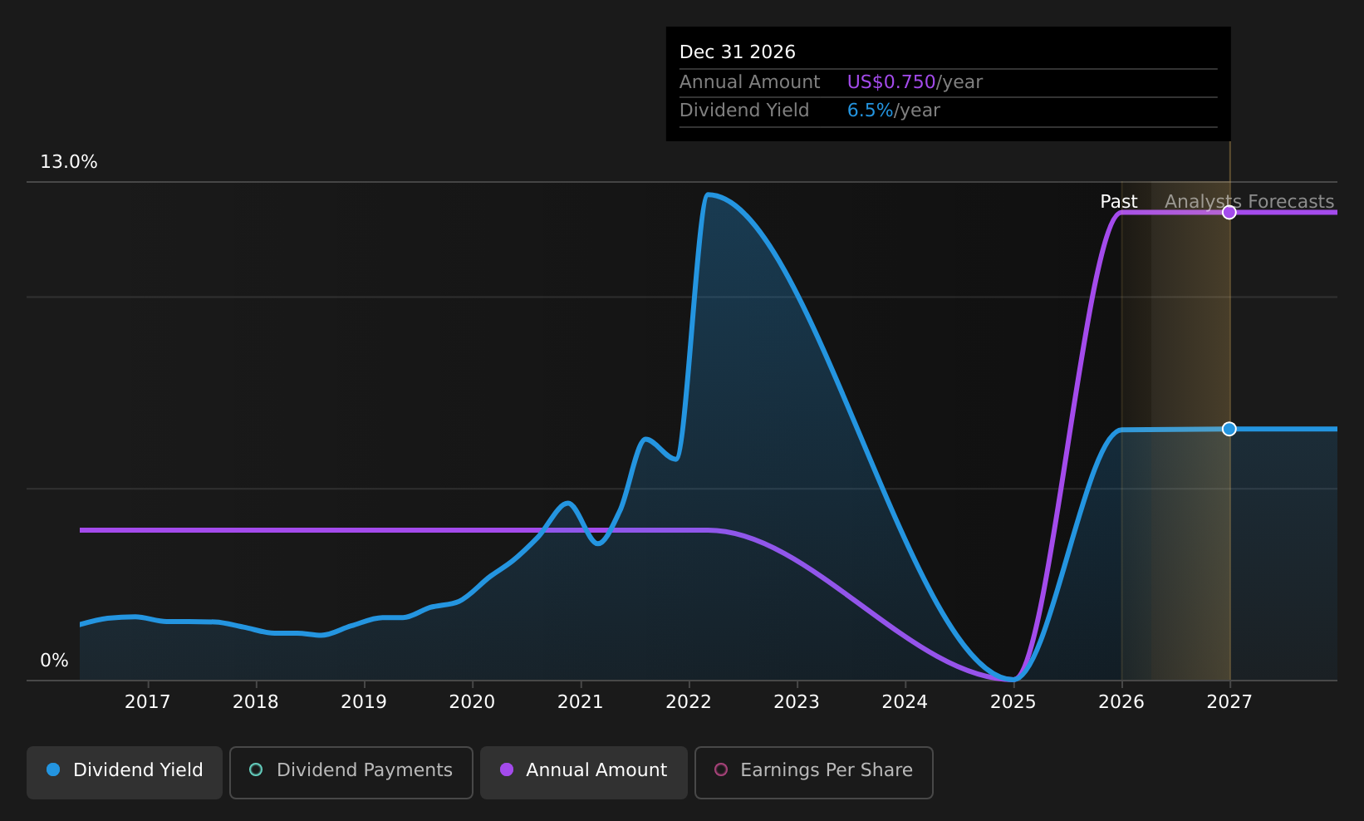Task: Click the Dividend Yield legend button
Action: pyautogui.click(x=125, y=771)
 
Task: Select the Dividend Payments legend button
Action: pyautogui.click(x=351, y=771)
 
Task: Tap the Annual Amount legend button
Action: pyautogui.click(x=583, y=771)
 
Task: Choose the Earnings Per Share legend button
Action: pyautogui.click(x=813, y=771)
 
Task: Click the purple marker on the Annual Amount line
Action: pyautogui.click(x=1229, y=213)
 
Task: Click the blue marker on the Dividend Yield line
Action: pyautogui.click(x=1229, y=429)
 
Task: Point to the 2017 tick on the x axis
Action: pyautogui.click(x=148, y=702)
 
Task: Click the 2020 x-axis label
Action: pyautogui.click(x=472, y=702)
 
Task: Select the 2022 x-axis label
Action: pyautogui.click(x=689, y=702)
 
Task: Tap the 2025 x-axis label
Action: pyautogui.click(x=1013, y=702)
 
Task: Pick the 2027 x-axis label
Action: pyautogui.click(x=1229, y=702)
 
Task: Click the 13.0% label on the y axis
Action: pyautogui.click(x=69, y=162)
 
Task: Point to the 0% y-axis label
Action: pyautogui.click(x=55, y=661)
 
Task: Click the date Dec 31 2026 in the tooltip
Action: pyautogui.click(x=738, y=52)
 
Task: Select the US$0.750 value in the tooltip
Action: pyautogui.click(x=891, y=82)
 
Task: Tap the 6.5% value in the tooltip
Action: pyautogui.click(x=870, y=111)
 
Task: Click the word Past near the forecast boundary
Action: pyautogui.click(x=1118, y=202)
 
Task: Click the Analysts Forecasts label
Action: pyautogui.click(x=1249, y=202)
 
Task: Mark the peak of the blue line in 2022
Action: pyautogui.click(x=708, y=194)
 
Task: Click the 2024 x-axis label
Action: pyautogui.click(x=905, y=702)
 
